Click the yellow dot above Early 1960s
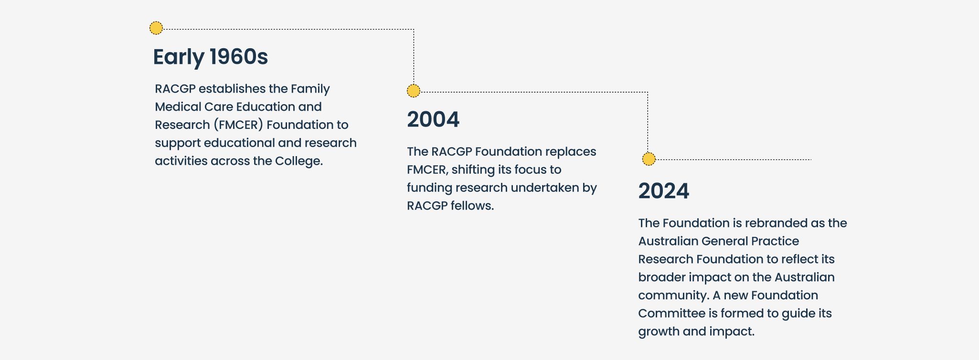(156, 28)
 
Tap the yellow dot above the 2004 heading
(414, 91)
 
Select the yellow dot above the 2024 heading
(649, 159)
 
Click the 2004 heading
(433, 119)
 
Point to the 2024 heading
(664, 191)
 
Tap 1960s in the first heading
(239, 56)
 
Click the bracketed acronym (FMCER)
(238, 125)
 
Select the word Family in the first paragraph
(310, 89)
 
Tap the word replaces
(571, 152)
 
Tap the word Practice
(775, 241)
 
